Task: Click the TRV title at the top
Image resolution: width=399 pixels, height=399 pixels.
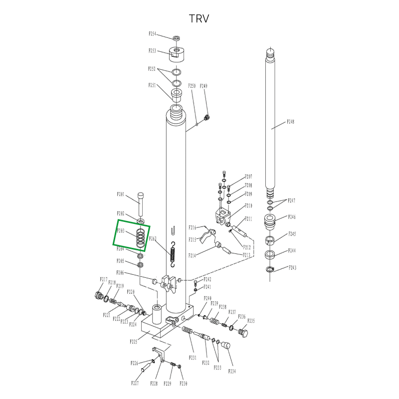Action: coord(199,19)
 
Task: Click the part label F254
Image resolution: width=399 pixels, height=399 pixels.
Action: coord(153,34)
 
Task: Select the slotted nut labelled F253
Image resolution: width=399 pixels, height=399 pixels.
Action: coord(177,52)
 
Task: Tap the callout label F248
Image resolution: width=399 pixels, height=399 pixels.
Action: coord(290,122)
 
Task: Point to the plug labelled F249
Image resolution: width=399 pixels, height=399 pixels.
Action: coord(207,117)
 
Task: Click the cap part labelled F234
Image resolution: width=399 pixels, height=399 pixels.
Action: coord(225,345)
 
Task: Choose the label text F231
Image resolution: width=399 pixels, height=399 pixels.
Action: coord(193,358)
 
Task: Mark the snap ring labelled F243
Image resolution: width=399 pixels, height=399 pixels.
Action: coord(270,270)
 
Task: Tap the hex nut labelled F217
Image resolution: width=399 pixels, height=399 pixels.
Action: coord(98,295)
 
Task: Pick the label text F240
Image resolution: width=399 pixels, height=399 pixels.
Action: coord(207,298)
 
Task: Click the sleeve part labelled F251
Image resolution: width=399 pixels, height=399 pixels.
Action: coord(177,94)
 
